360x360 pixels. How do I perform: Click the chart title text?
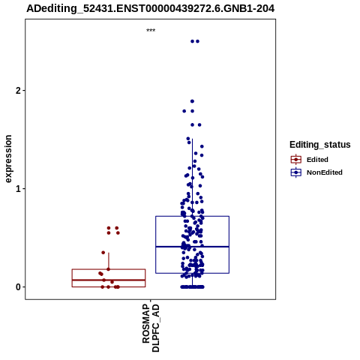click(151, 8)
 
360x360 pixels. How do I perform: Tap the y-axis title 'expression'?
click(8, 159)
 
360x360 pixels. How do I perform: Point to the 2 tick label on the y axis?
click(18, 91)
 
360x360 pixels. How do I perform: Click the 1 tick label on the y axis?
click(18, 189)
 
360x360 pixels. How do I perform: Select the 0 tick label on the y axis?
click(18, 287)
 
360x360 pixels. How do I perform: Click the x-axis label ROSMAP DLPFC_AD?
click(151, 328)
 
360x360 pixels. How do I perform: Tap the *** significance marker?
click(151, 31)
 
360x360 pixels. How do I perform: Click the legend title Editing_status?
click(320, 145)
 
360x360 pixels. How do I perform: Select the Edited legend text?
click(317, 160)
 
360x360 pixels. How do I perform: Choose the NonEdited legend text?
click(325, 172)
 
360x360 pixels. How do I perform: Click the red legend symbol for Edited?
click(296, 160)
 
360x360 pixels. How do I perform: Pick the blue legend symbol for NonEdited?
click(296, 172)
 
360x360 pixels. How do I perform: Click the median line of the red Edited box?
click(109, 280)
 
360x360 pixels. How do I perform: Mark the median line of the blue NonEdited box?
click(192, 247)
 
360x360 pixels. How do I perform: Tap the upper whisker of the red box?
click(109, 261)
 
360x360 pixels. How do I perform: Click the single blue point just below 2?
click(192, 101)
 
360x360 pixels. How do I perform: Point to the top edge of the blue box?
click(192, 216)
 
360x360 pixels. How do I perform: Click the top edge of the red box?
click(109, 269)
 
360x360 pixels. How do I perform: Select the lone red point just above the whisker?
click(103, 253)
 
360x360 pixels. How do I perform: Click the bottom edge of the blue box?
click(192, 273)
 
